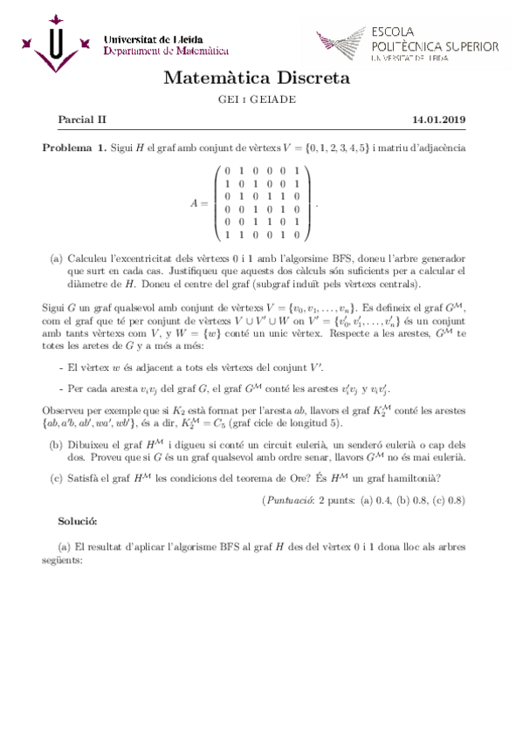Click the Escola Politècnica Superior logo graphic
coord(340,42)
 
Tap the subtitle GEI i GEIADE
coord(257,99)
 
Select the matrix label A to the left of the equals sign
coord(195,202)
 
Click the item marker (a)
coord(57,259)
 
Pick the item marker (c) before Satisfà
coord(57,476)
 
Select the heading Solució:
coord(78,520)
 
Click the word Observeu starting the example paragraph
coord(65,410)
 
